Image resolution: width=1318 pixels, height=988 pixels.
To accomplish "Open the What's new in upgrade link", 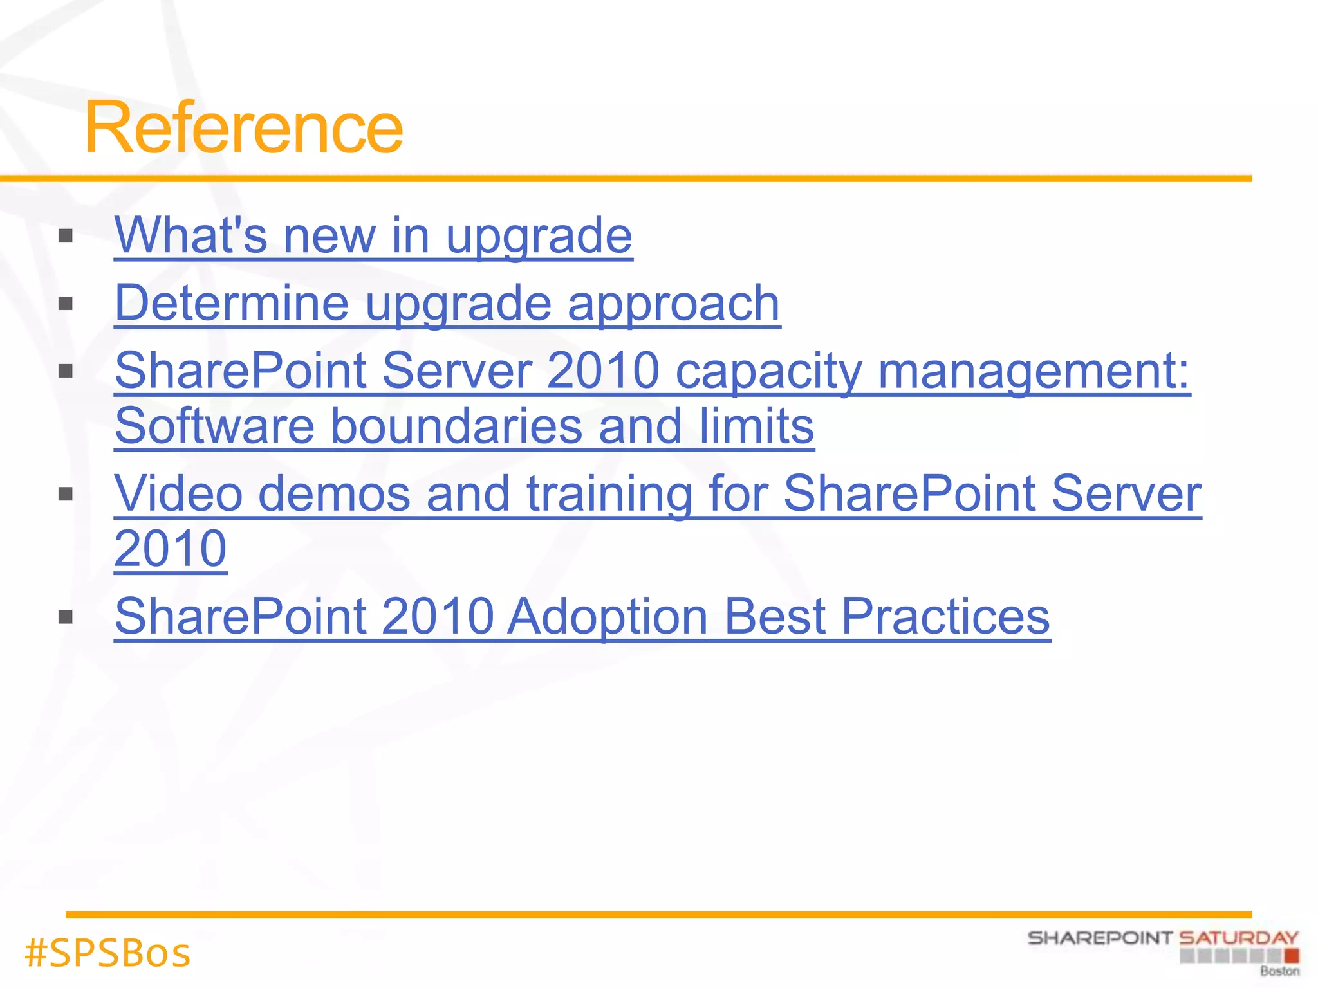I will (373, 235).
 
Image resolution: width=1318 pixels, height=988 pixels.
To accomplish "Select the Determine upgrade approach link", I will (447, 303).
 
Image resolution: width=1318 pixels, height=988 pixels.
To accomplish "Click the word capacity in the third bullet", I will (768, 372).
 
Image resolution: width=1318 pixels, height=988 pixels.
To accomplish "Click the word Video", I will (178, 494).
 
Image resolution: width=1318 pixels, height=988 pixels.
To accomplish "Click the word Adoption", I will (608, 616).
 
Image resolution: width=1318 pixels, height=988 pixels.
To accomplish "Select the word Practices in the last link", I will (945, 616).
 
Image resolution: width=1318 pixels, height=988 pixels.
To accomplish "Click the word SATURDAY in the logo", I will (1238, 938).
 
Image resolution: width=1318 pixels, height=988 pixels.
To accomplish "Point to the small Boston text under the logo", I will (1279, 971).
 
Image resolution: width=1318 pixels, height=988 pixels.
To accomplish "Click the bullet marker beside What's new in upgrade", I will (65, 236).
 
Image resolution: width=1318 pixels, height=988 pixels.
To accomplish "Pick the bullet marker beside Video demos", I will (65, 494).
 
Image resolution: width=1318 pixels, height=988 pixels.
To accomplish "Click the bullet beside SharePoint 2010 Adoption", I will (65, 617).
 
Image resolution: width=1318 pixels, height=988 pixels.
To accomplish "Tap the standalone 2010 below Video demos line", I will (171, 549).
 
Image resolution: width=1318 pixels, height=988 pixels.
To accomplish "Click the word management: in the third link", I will (1034, 372).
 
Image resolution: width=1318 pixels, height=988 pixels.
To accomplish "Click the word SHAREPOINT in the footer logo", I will (1100, 938).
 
